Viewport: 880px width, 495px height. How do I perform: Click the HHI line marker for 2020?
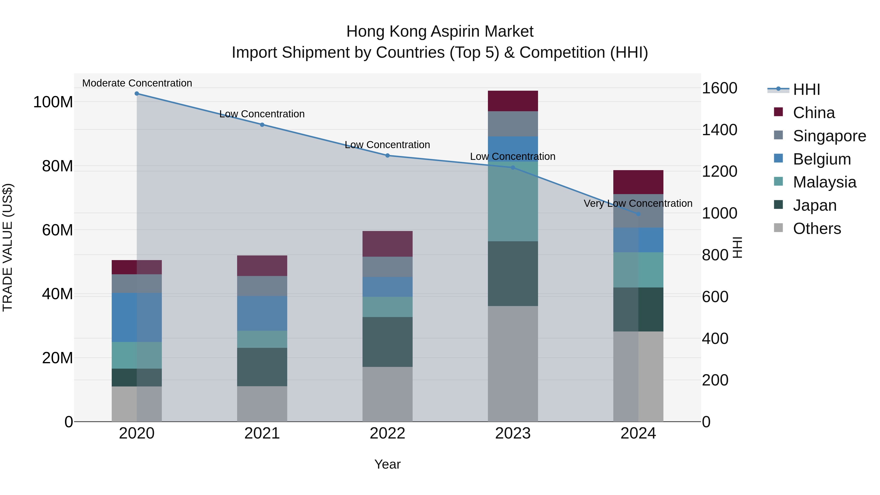(x=137, y=94)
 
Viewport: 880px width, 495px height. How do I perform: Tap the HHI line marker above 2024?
(x=638, y=214)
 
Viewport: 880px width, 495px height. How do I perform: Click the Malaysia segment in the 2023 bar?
(x=513, y=202)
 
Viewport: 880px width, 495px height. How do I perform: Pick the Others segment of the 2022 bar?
(x=387, y=394)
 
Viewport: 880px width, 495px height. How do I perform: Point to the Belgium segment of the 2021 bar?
(x=262, y=313)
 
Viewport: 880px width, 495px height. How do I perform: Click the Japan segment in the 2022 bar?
(x=387, y=342)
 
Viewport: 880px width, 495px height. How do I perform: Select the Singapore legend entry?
(x=829, y=136)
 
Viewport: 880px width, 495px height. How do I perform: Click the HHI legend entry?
(x=806, y=89)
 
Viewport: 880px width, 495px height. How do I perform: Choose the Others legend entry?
(x=816, y=229)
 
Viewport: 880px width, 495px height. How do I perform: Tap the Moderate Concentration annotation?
(x=137, y=83)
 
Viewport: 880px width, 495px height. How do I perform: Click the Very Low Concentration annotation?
(x=638, y=204)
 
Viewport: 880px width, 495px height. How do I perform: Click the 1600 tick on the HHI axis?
(x=719, y=88)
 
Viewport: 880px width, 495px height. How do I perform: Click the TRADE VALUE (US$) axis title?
(x=8, y=247)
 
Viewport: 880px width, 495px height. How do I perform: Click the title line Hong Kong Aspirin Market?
(x=440, y=32)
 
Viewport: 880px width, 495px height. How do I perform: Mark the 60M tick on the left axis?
(x=57, y=230)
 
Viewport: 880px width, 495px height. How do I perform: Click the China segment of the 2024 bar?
(x=638, y=182)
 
